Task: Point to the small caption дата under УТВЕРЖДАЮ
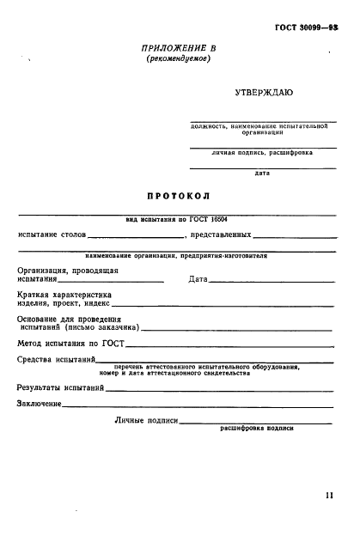[x=262, y=173]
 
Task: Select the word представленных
[x=221, y=234]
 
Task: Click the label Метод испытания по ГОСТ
[x=71, y=344]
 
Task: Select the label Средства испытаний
[x=55, y=361]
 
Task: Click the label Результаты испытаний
[x=60, y=387]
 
